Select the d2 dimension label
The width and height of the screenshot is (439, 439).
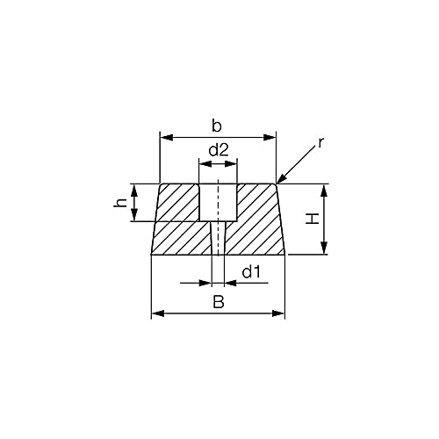coord(218,149)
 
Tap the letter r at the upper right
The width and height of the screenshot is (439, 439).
coord(321,140)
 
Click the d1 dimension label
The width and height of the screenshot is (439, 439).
coord(252,272)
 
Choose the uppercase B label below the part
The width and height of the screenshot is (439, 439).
coord(218,301)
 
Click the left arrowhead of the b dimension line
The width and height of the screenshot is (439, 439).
coord(163,137)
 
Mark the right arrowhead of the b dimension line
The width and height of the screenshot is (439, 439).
coord(271,137)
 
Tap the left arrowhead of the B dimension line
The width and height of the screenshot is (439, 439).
coord(156,313)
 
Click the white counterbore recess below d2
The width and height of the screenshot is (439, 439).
coord(217,201)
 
